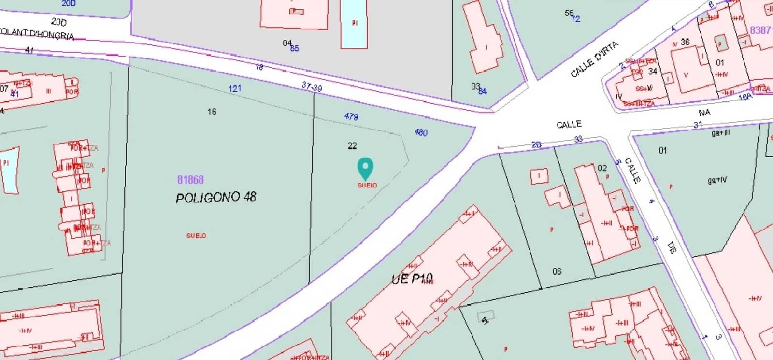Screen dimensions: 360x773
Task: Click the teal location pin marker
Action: pos(365,169)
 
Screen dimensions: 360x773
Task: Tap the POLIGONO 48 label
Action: pos(215,197)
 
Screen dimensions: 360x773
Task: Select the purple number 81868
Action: pos(190,180)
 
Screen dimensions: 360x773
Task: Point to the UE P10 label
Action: pos(412,279)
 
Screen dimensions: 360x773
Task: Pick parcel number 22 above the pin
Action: pos(352,145)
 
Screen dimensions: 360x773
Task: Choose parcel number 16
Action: pos(212,112)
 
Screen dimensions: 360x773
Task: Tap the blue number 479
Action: pos(351,116)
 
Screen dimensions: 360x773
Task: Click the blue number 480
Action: pos(421,132)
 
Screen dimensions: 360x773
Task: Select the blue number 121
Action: pos(235,88)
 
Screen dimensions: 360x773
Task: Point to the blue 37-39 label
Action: pos(312,86)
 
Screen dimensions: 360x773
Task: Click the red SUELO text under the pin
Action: pos(367,186)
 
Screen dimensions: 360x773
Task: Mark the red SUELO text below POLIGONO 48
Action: pos(196,236)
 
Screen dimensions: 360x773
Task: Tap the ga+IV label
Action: pos(717,180)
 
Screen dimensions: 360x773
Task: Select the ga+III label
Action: pos(720,133)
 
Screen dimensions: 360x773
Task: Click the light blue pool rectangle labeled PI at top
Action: pos(354,23)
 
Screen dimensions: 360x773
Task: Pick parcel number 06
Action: pos(557,272)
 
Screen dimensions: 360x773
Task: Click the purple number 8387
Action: pos(760,30)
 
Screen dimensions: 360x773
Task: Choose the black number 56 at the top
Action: pos(569,13)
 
